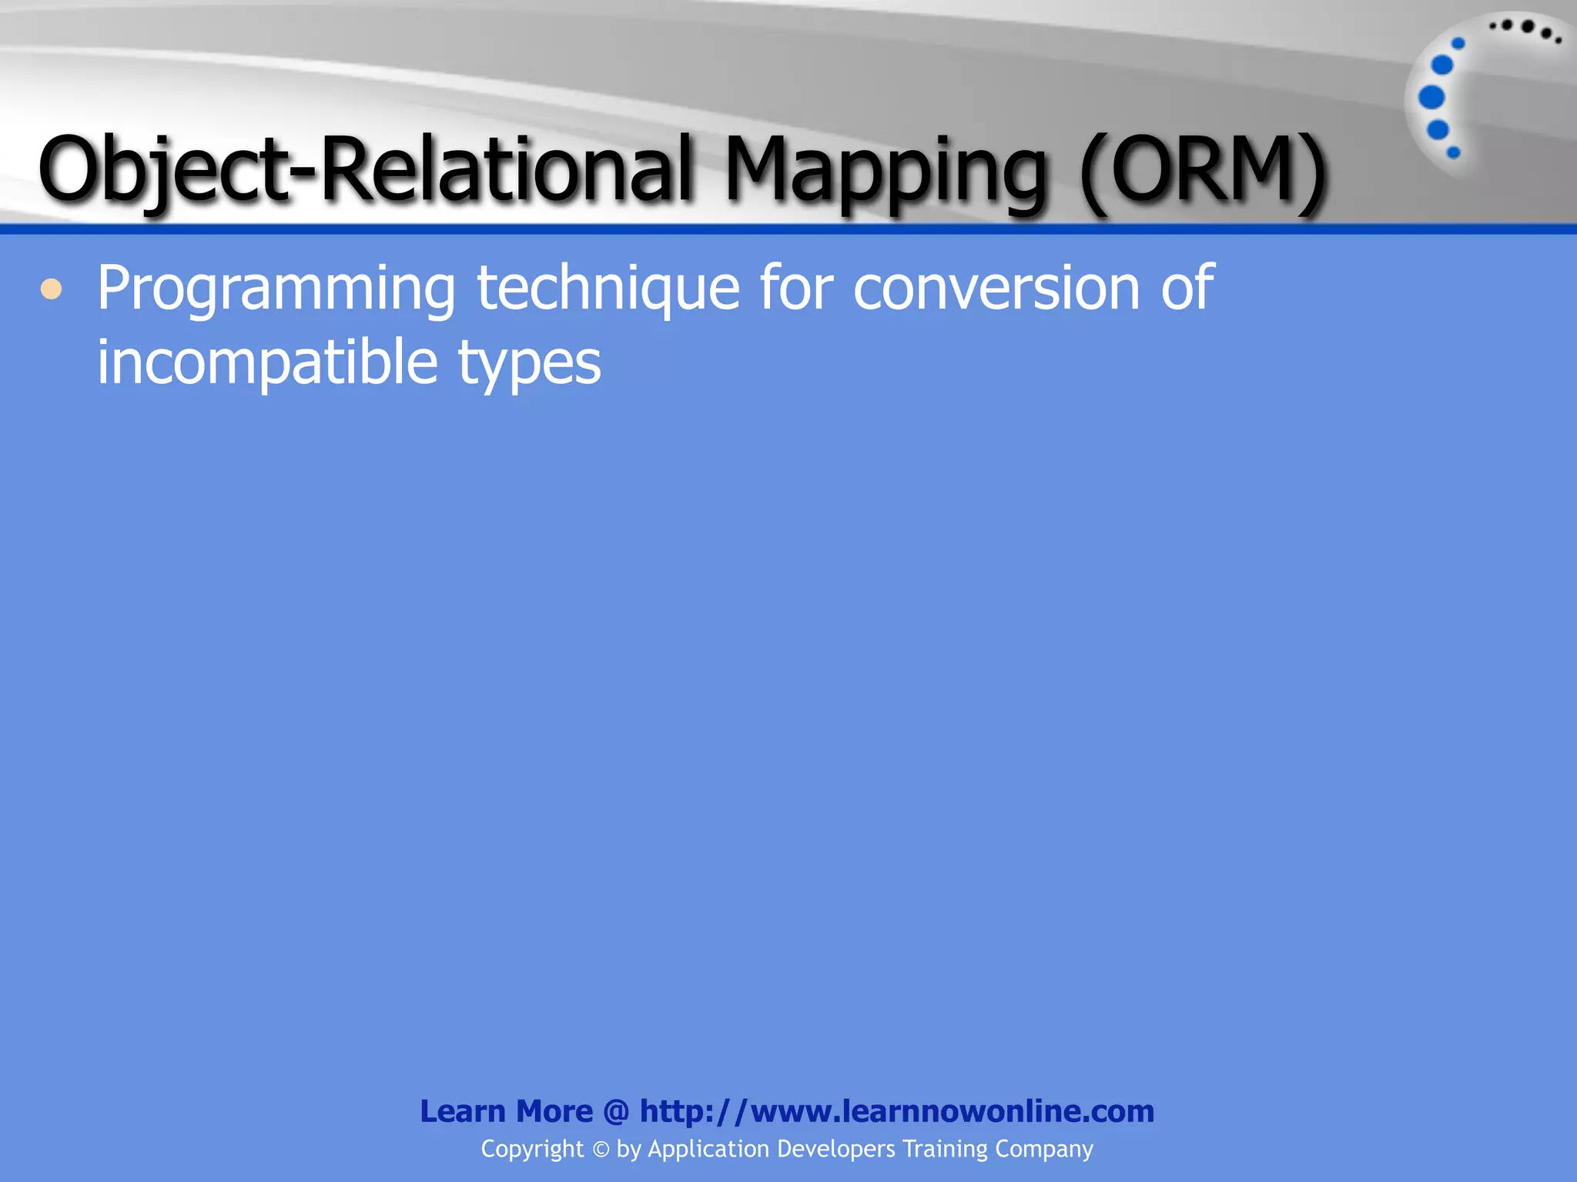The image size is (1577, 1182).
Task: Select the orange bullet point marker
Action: (52, 290)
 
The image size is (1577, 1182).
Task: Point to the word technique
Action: (608, 289)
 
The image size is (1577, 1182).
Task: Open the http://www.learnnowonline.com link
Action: (897, 1111)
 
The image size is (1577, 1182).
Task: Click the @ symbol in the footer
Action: (616, 1111)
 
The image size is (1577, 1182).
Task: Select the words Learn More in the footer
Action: (506, 1111)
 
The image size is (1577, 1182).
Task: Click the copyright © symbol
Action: (601, 1150)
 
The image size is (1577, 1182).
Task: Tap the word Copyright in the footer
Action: (532, 1149)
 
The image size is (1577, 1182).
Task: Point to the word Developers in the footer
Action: (836, 1149)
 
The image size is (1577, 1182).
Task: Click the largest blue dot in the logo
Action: (1431, 98)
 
